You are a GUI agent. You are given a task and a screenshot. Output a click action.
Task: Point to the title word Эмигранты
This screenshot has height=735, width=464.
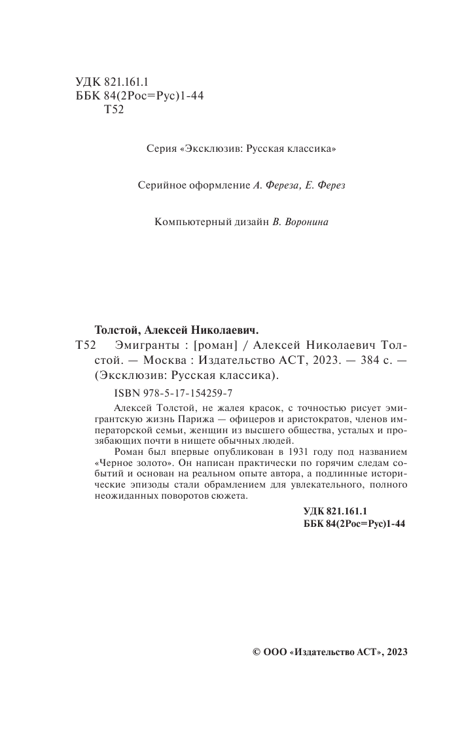coord(143,344)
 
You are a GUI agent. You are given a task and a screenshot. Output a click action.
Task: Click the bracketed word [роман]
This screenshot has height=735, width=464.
coord(207,344)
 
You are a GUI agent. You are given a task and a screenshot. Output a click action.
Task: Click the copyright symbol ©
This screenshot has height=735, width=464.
coord(257,653)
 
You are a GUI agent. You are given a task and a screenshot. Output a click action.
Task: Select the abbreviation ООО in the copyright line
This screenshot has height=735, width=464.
coord(275,653)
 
